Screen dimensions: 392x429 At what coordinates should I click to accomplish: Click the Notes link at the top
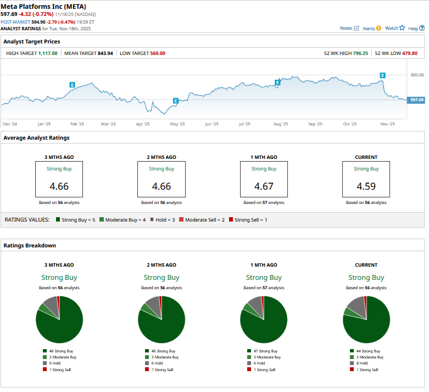[x=349, y=28]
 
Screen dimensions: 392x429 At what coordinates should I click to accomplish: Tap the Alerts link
[x=371, y=28]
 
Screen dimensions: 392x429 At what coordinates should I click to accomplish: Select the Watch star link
[x=394, y=28]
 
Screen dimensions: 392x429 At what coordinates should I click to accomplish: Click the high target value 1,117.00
[x=48, y=53]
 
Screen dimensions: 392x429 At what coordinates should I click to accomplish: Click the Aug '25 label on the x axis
[x=280, y=124]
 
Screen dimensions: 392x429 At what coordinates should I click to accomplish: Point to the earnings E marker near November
[x=382, y=75]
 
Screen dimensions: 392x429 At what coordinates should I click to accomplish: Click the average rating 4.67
[x=264, y=186]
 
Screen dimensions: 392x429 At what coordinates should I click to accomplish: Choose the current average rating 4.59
[x=366, y=186]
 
